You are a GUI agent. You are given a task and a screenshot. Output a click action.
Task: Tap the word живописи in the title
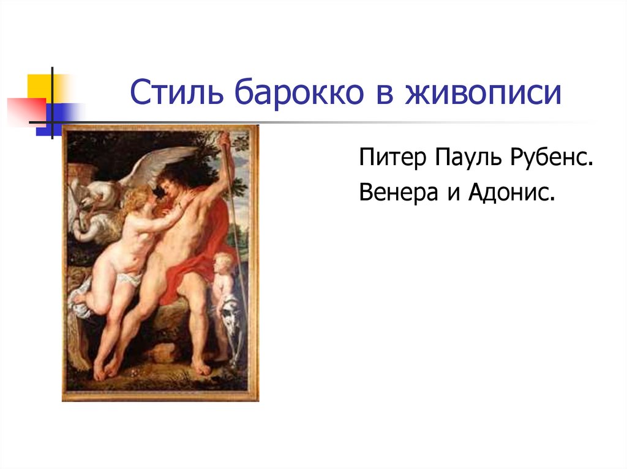(x=483, y=92)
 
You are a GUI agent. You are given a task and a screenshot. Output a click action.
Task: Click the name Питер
(x=392, y=157)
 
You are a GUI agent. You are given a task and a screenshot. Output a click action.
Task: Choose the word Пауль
(x=468, y=157)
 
